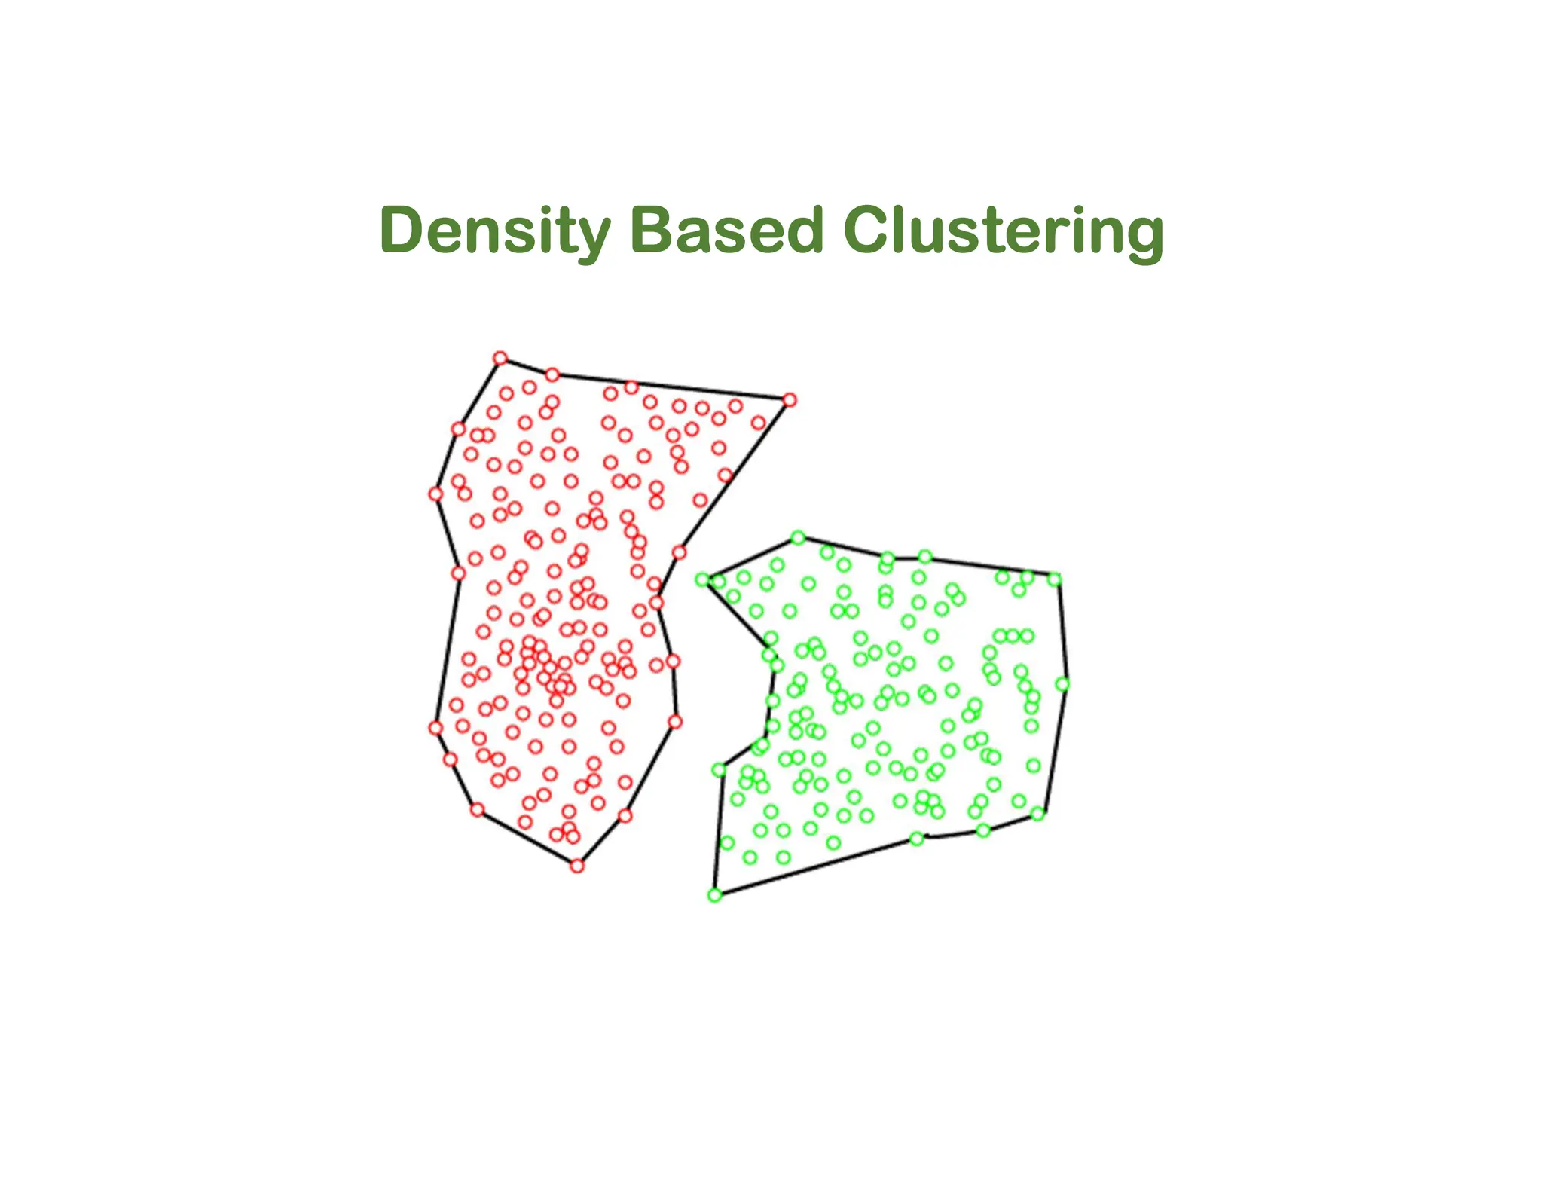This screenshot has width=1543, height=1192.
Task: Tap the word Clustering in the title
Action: coord(1003,230)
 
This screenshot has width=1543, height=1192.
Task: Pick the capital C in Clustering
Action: coord(867,230)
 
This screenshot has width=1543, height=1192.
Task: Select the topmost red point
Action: coord(500,358)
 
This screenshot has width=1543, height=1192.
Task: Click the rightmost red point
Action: coord(789,400)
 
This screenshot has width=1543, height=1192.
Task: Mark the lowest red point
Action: coord(577,866)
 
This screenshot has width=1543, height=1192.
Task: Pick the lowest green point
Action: coord(715,894)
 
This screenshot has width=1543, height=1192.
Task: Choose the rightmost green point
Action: coord(1062,684)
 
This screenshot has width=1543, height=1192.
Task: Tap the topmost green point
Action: coord(798,538)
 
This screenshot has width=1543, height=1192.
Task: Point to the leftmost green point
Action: coord(702,579)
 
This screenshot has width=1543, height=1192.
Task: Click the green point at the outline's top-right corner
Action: coord(1055,579)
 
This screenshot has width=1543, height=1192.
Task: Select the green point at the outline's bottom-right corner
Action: coord(1037,814)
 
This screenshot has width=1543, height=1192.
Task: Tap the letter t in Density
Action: coord(567,230)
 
